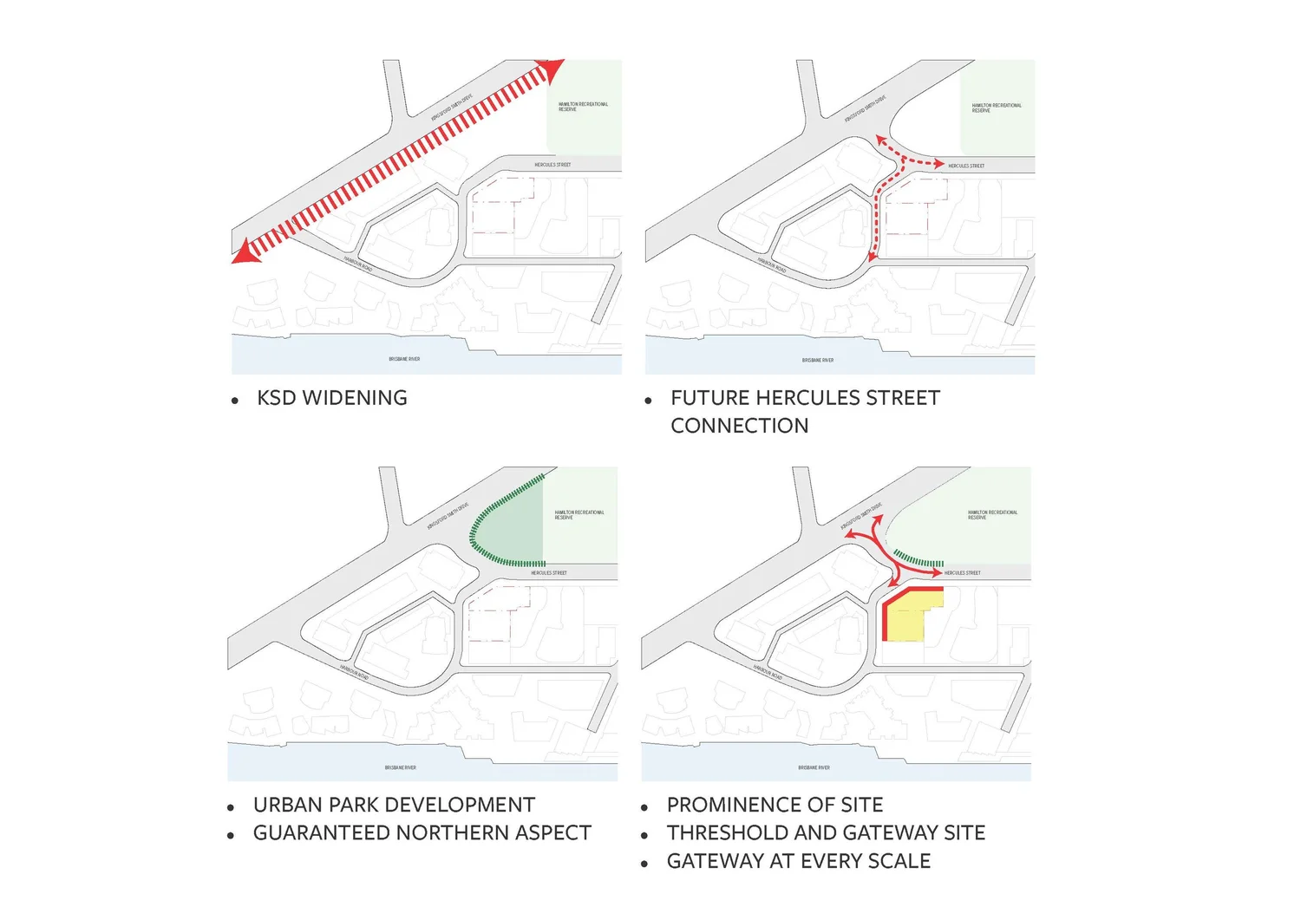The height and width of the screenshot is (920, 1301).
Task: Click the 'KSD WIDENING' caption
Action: (x=331, y=398)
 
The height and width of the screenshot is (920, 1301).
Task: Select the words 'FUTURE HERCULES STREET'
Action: (x=805, y=398)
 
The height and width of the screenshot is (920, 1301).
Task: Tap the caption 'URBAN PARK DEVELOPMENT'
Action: (x=394, y=805)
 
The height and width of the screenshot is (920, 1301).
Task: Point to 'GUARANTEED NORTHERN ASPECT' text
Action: (x=422, y=833)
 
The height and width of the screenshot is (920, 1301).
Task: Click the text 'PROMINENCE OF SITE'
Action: (x=775, y=805)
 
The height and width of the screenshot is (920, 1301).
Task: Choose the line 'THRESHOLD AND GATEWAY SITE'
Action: (x=826, y=833)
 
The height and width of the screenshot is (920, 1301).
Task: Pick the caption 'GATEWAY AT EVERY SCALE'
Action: (x=798, y=861)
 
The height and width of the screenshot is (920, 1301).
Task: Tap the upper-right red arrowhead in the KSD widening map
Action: (x=551, y=70)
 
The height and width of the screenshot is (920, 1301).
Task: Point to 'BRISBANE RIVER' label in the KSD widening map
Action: (x=404, y=359)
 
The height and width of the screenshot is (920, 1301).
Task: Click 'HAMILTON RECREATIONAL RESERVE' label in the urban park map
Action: (x=579, y=515)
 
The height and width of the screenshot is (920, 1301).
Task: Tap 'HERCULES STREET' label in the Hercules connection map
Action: (x=966, y=166)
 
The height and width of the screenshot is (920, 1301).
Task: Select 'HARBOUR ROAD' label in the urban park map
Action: (x=354, y=673)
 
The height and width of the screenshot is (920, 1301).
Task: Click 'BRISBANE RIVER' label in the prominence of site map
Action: (x=814, y=767)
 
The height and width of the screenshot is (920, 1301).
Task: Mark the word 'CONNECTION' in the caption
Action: (x=739, y=426)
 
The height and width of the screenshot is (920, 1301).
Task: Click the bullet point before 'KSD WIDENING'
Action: (x=235, y=401)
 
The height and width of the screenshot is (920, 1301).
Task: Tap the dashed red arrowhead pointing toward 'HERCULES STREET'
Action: (x=938, y=163)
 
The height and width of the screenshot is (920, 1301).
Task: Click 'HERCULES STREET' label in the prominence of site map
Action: (x=962, y=573)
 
